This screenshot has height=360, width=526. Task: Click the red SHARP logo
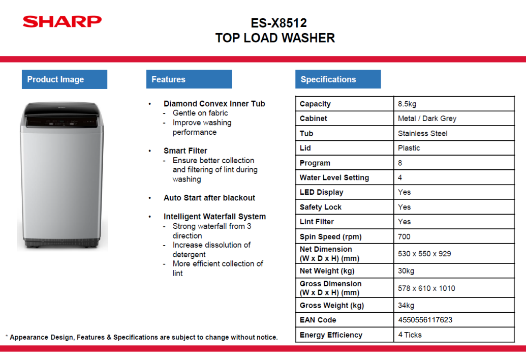(x=62, y=21)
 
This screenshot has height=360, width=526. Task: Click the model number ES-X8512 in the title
(x=279, y=23)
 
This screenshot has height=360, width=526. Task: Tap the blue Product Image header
(x=65, y=79)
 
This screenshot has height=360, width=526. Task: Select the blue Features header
(x=189, y=79)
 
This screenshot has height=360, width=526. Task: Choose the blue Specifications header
(x=338, y=79)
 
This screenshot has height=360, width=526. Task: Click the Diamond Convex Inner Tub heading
(x=214, y=104)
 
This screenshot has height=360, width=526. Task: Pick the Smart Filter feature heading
(x=185, y=151)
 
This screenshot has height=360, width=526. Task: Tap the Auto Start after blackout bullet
(x=209, y=198)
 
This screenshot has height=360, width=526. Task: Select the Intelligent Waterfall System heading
(x=214, y=217)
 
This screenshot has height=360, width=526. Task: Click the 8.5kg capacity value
(x=407, y=104)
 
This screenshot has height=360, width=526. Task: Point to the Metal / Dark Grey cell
(x=427, y=118)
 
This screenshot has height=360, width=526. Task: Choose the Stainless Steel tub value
(x=423, y=133)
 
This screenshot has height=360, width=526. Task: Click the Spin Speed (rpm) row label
(x=330, y=236)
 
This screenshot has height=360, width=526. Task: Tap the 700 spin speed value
(x=404, y=236)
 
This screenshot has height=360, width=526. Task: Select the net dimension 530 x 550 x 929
(x=424, y=254)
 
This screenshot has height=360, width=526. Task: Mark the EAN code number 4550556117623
(x=425, y=320)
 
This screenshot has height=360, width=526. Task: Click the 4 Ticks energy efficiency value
(x=410, y=335)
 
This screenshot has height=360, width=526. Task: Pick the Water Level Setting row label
(x=334, y=177)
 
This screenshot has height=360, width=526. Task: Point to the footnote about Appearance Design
(x=142, y=337)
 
